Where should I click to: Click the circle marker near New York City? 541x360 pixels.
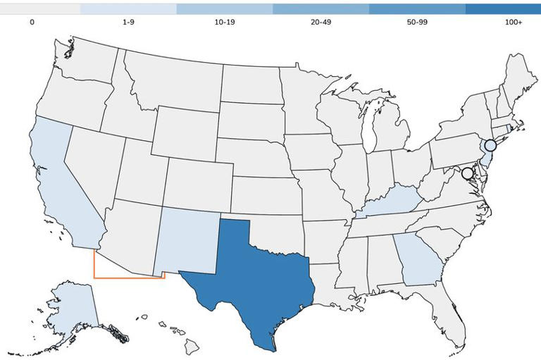[490, 145]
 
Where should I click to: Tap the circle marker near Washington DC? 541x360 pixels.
[467, 173]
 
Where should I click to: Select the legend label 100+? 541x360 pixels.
[514, 23]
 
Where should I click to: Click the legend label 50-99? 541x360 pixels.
[417, 23]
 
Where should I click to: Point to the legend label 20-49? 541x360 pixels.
[321, 23]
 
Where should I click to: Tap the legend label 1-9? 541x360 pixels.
[128, 23]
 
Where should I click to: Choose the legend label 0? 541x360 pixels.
[32, 23]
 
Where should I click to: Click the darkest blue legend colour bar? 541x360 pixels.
[504, 9]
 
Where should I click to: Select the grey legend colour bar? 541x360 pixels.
[40, 9]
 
